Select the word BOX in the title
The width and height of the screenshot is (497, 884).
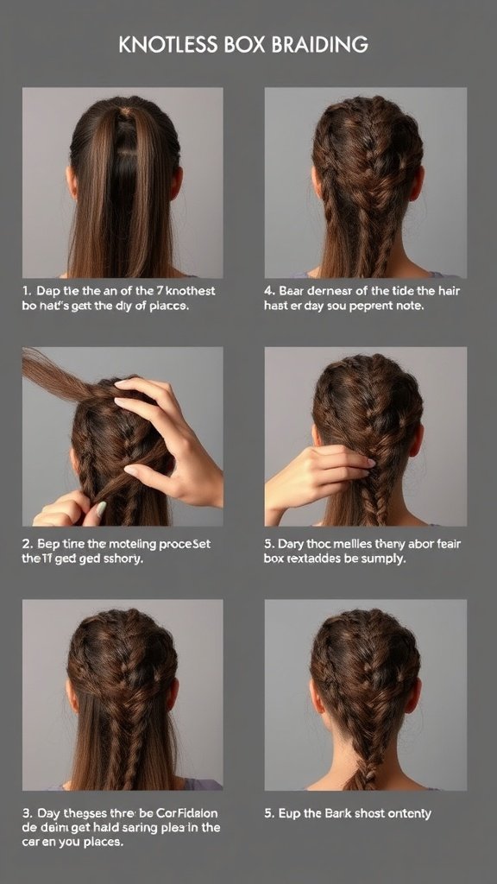(248, 44)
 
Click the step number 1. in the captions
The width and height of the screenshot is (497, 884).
(28, 291)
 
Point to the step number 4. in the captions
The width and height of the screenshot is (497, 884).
(269, 291)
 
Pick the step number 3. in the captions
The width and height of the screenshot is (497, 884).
(28, 812)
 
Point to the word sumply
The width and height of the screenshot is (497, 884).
(385, 559)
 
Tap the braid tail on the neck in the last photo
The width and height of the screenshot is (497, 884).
(361, 773)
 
